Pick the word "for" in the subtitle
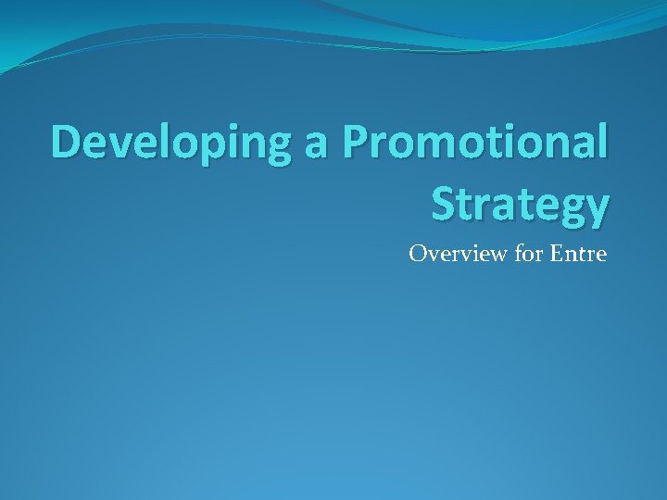(527, 253)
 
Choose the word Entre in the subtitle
(578, 253)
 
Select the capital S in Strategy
(447, 203)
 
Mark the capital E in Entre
(556, 253)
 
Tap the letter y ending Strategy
(597, 209)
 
